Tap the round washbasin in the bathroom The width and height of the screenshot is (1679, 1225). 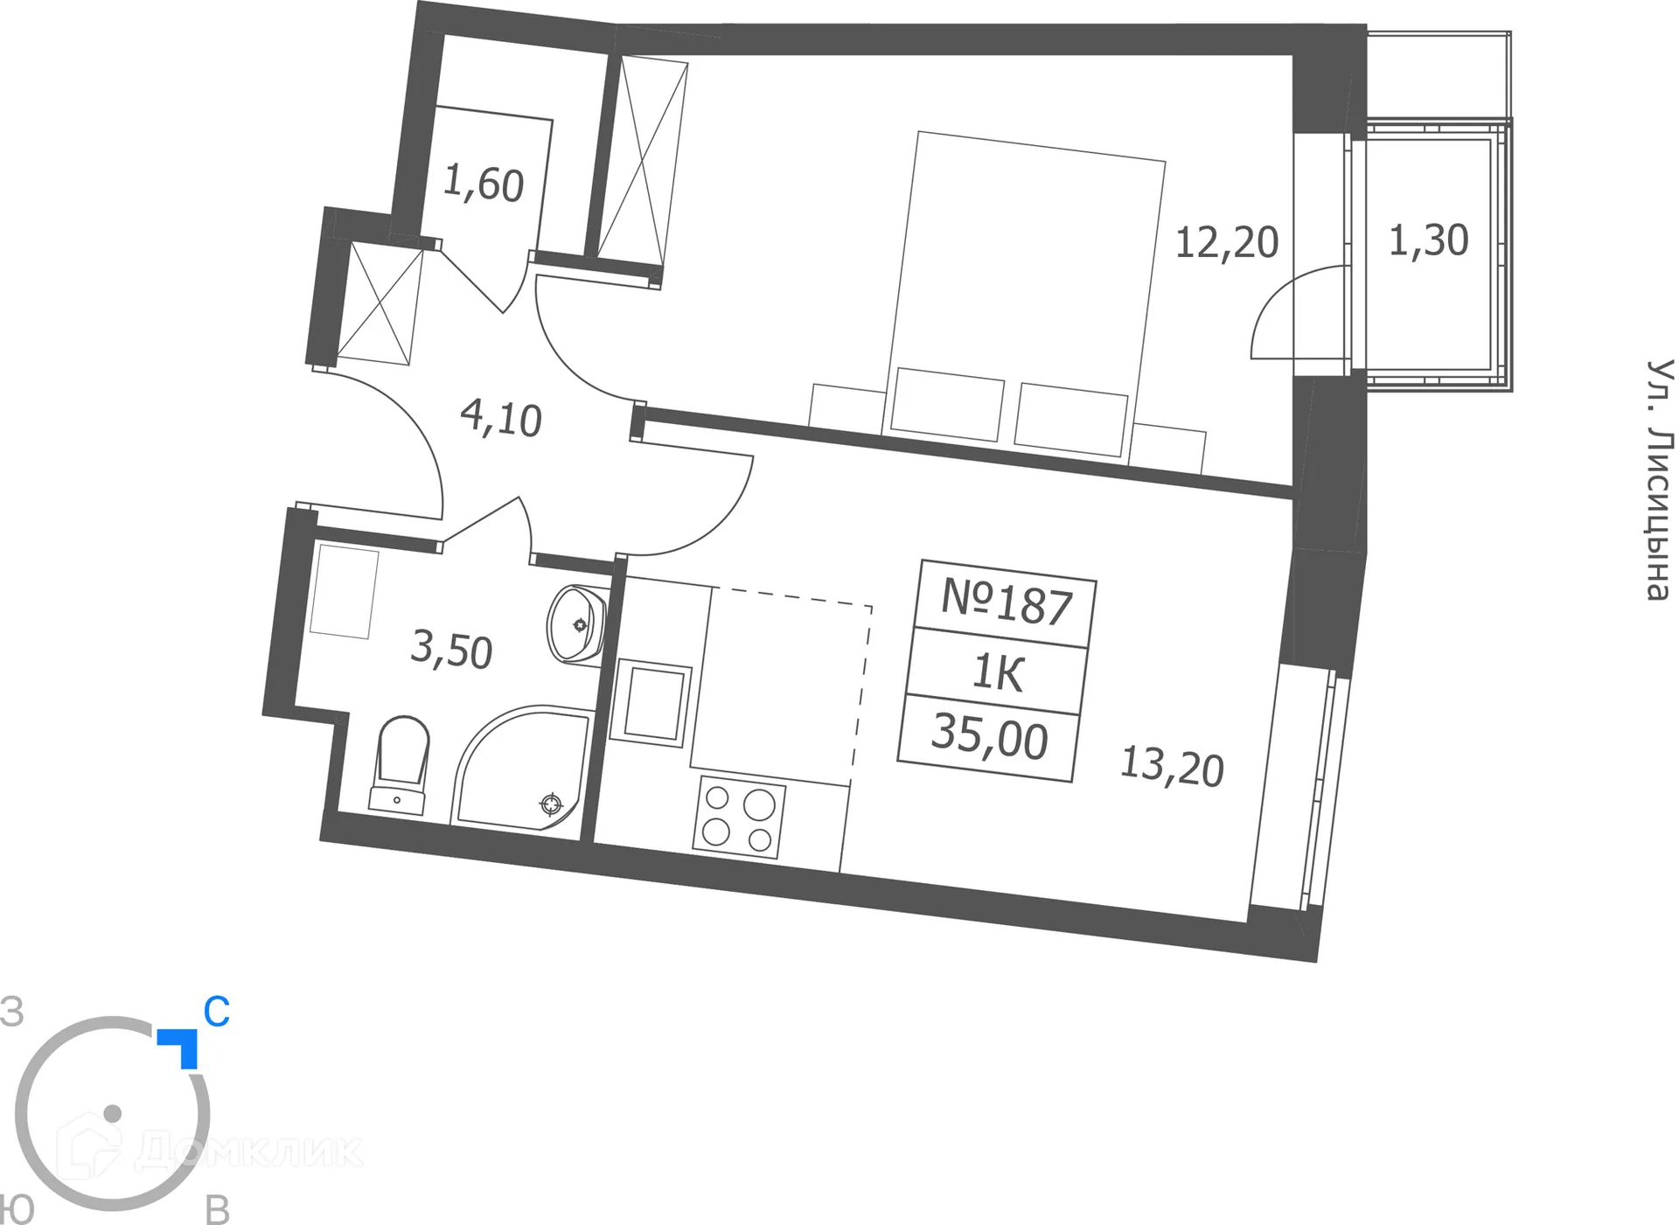pos(576,624)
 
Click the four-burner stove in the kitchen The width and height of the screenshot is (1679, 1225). pos(738,818)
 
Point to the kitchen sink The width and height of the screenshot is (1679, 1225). pos(651,704)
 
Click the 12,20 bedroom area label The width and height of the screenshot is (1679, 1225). pos(1226,243)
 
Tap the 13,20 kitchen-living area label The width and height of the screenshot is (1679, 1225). pos(1172,767)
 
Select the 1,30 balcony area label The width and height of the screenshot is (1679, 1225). pos(1428,240)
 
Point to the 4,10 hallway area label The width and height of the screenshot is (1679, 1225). pos(501,419)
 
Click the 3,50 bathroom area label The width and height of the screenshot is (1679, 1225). pos(451,650)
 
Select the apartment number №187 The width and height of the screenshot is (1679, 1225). pos(1007,602)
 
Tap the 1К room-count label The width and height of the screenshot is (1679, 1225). pos(998,673)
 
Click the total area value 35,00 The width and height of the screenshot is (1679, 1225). pos(989,737)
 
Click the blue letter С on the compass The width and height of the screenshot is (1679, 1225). pos(216,1013)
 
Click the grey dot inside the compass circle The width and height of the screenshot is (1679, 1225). pos(112,1113)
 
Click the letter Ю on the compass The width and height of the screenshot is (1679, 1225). pos(16,1210)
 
